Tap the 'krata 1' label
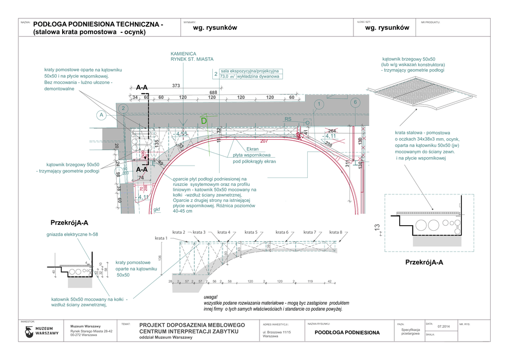pyautogui.click(x=161, y=238)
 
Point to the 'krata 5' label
pyautogui.click(x=251, y=232)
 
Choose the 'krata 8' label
pyautogui.click(x=336, y=232)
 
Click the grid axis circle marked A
pyautogui.click(x=101, y=115)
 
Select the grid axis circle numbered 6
pyautogui.click(x=354, y=102)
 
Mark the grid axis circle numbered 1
pyautogui.click(x=319, y=104)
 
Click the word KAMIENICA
pyautogui.click(x=183, y=54)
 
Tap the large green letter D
pyautogui.click(x=204, y=121)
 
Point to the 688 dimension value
pyautogui.click(x=213, y=93)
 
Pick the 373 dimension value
pyautogui.click(x=176, y=86)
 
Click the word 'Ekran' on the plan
pyautogui.click(x=253, y=149)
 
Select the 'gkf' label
pyautogui.click(x=157, y=210)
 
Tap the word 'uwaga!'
pyautogui.click(x=211, y=297)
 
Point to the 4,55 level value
pyautogui.click(x=181, y=134)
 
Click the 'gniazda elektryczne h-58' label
pyautogui.click(x=72, y=234)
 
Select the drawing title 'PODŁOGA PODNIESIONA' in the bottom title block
pyautogui.click(x=347, y=333)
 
